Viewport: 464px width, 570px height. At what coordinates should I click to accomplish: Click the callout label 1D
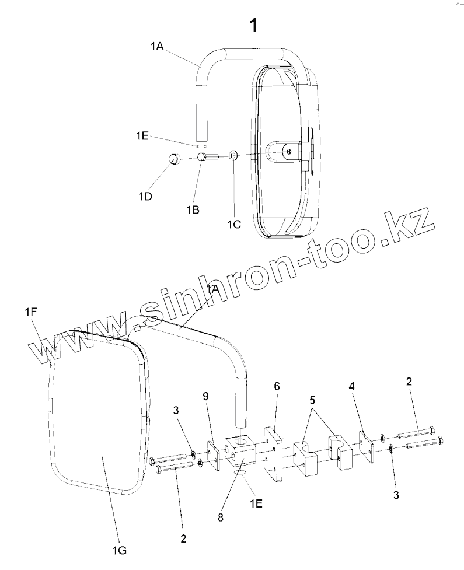pos(146,197)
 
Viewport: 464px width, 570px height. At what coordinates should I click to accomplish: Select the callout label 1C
pos(234,223)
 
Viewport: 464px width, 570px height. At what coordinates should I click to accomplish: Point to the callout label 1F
pos(31,312)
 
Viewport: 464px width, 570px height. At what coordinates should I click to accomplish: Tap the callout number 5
pos(312,401)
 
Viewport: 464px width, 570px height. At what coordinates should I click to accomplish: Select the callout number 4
pos(351,386)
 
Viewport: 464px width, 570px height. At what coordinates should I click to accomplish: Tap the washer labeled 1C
pos(233,155)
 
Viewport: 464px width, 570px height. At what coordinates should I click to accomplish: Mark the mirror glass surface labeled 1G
pos(99,420)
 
